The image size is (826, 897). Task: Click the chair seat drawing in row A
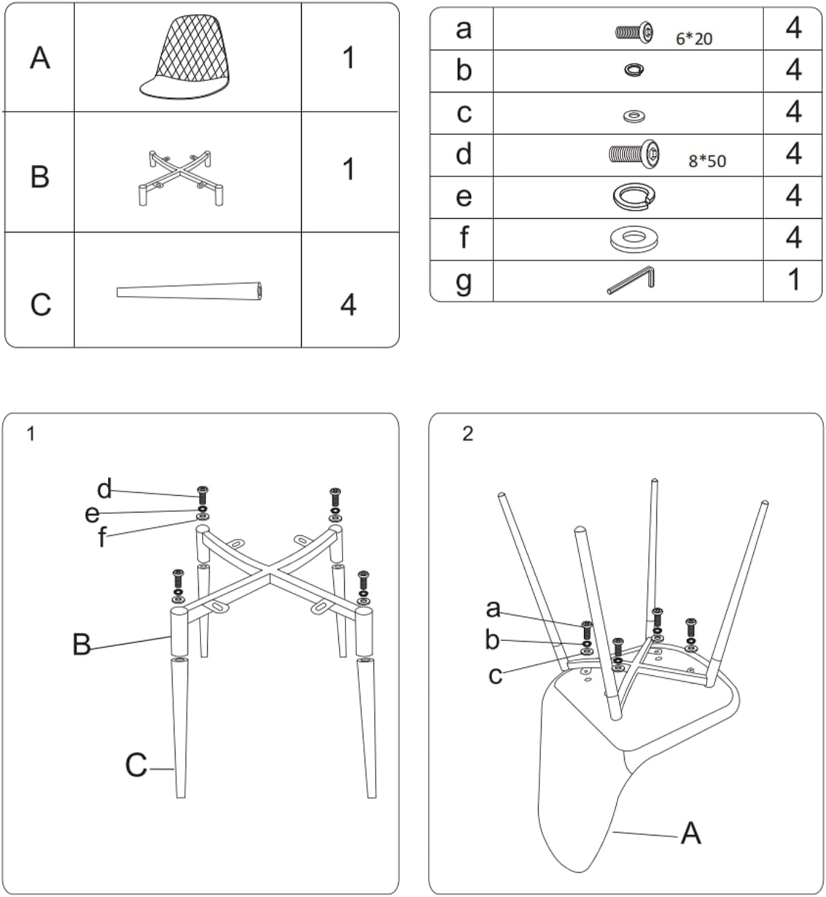click(x=185, y=58)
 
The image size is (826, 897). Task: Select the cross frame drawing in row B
click(x=180, y=178)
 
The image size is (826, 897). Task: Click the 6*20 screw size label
click(x=694, y=39)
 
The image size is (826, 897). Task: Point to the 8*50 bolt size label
click(x=707, y=161)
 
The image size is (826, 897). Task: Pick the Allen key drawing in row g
click(x=631, y=281)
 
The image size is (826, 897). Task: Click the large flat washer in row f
click(x=633, y=239)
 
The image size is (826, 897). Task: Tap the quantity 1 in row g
click(x=793, y=280)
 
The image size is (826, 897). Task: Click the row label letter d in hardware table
click(x=464, y=155)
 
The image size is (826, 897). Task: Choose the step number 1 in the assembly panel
click(x=31, y=434)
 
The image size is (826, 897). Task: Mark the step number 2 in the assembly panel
click(x=467, y=434)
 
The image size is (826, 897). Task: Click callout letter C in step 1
click(x=136, y=765)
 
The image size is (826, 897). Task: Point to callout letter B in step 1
click(x=81, y=645)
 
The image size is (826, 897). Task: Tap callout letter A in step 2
click(x=691, y=833)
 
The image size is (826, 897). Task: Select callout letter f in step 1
click(x=102, y=537)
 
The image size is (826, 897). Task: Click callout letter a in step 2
click(x=493, y=608)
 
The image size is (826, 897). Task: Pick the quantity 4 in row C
click(x=348, y=304)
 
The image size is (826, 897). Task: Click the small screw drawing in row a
click(x=634, y=32)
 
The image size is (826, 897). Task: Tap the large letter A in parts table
click(x=40, y=58)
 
